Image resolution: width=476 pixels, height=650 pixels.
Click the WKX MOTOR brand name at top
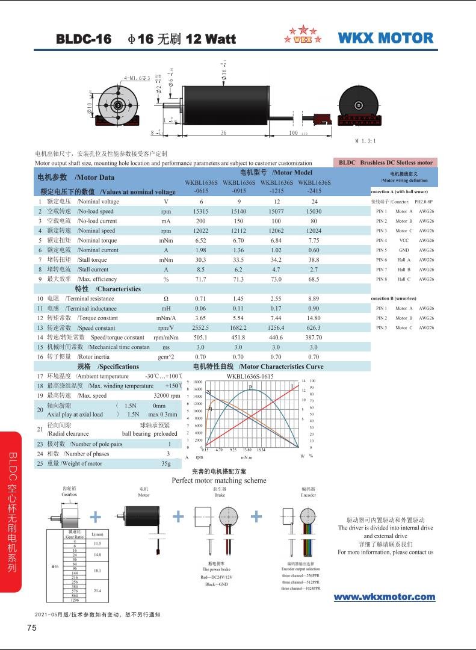pyautogui.click(x=386, y=39)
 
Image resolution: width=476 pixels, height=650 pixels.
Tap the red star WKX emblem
pyautogui.click(x=303, y=35)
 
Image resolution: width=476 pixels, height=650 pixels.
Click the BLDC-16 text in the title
pyautogui.click(x=84, y=40)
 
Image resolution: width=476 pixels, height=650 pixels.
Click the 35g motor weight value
pyautogui.click(x=166, y=463)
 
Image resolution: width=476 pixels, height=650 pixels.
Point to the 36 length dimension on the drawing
pyautogui.click(x=223, y=132)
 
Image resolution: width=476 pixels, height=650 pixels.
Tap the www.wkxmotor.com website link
pyautogui.click(x=384, y=597)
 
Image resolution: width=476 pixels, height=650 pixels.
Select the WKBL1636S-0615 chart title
pyautogui.click(x=250, y=376)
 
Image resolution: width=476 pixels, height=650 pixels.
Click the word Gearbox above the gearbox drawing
pyautogui.click(x=69, y=494)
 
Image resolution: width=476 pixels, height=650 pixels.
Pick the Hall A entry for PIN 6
pyautogui.click(x=404, y=259)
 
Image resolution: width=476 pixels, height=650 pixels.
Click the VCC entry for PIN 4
pyautogui.click(x=404, y=240)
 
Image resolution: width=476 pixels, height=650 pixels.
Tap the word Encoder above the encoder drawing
pyautogui.click(x=308, y=495)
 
